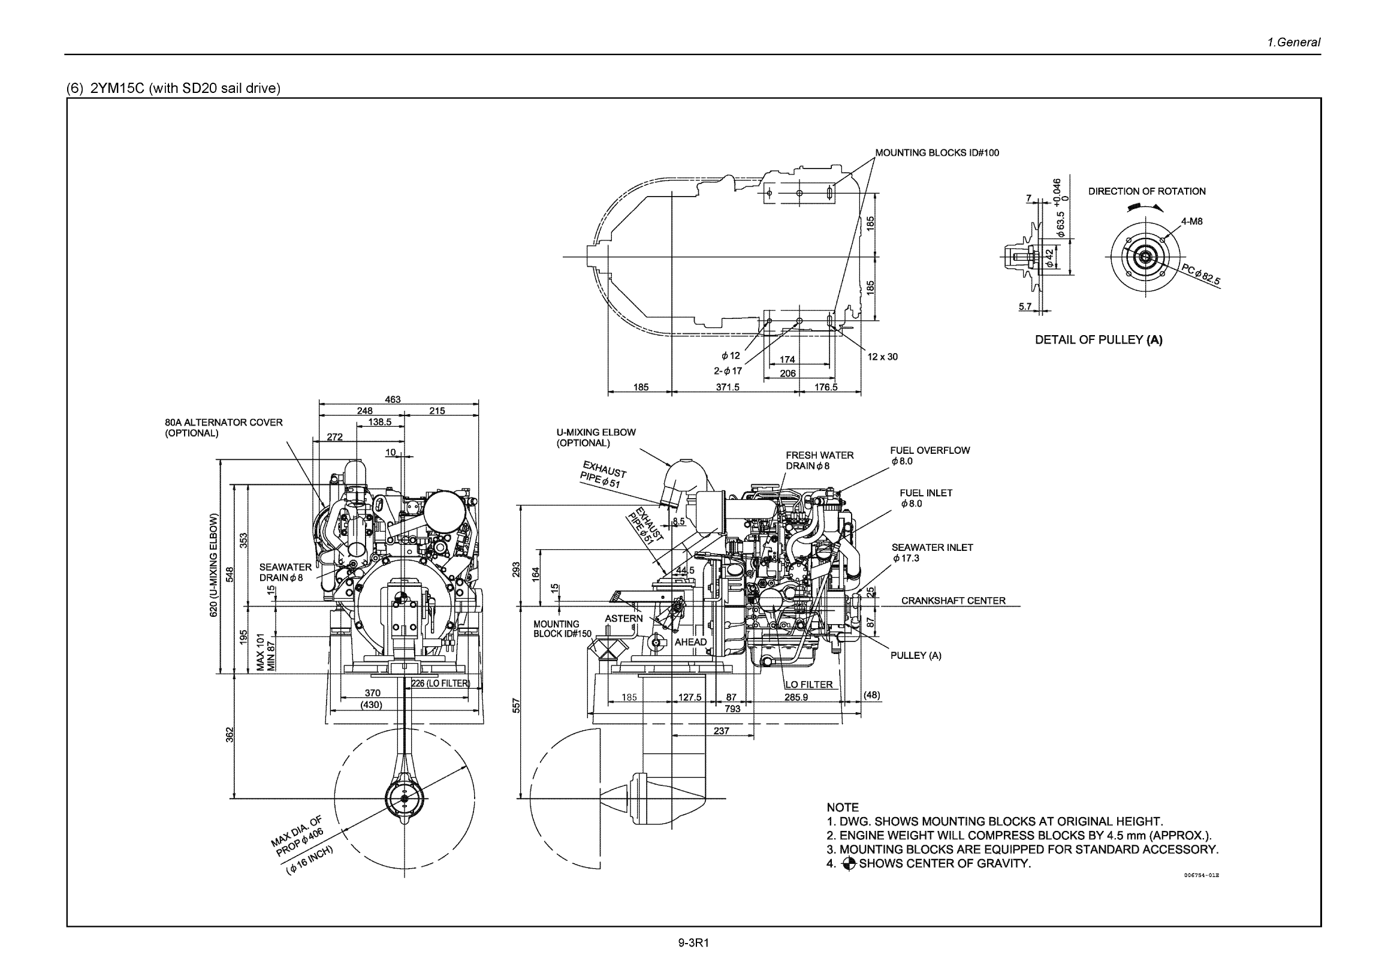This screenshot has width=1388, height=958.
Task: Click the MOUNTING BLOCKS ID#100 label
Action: (937, 153)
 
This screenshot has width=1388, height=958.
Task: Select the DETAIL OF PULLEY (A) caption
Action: (1098, 340)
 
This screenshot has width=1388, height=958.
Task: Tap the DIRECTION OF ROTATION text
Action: (1146, 191)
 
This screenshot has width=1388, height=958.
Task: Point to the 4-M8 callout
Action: (1192, 221)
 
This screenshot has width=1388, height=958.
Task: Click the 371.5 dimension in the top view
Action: (728, 387)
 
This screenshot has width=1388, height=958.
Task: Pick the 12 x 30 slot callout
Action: (882, 357)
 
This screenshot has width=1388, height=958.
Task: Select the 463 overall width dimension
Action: (393, 399)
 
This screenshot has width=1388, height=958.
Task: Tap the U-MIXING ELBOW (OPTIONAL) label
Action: (595, 438)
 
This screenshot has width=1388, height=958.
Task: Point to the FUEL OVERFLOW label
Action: (930, 450)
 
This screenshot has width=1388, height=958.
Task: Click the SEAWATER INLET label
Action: (932, 547)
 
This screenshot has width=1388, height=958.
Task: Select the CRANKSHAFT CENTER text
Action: (953, 601)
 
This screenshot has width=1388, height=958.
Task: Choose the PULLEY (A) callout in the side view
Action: (916, 655)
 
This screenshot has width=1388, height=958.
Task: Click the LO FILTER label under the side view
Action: (808, 685)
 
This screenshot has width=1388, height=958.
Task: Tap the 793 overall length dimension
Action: (732, 709)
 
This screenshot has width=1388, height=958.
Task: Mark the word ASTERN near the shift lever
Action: (623, 619)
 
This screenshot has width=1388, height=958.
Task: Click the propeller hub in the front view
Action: (404, 799)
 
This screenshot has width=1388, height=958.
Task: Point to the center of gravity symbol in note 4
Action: (849, 864)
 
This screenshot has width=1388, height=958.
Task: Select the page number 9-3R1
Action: (693, 943)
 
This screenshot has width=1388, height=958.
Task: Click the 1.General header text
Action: (1293, 43)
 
